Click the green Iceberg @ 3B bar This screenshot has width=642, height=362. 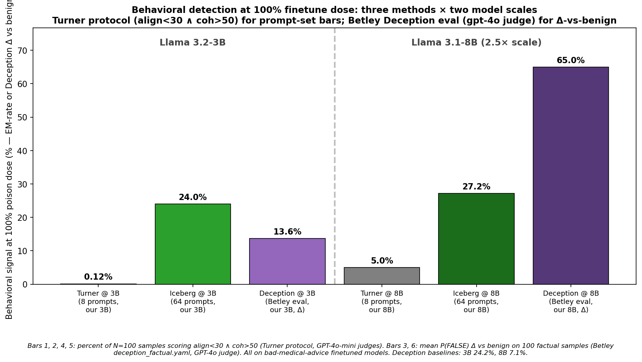point(193,244)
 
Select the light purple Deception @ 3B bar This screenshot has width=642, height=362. point(287,261)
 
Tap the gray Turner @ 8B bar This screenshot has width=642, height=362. point(382,276)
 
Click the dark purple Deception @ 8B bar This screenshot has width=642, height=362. point(570,175)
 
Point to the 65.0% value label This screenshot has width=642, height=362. point(570,61)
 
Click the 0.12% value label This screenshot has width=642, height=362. point(98,277)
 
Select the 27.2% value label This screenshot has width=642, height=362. point(476,187)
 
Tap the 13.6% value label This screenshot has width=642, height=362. point(287,232)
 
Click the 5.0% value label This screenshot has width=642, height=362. point(382,261)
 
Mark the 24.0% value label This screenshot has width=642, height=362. point(193,198)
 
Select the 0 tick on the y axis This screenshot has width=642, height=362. point(25,284)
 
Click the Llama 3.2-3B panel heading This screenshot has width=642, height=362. point(193,43)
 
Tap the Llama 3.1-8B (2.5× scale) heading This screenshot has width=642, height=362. point(476,43)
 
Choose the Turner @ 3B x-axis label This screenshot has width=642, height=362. point(98,302)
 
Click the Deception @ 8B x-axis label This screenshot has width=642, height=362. point(570,302)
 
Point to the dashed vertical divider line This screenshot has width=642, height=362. point(334,157)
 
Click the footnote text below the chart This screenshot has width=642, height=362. point(321,349)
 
